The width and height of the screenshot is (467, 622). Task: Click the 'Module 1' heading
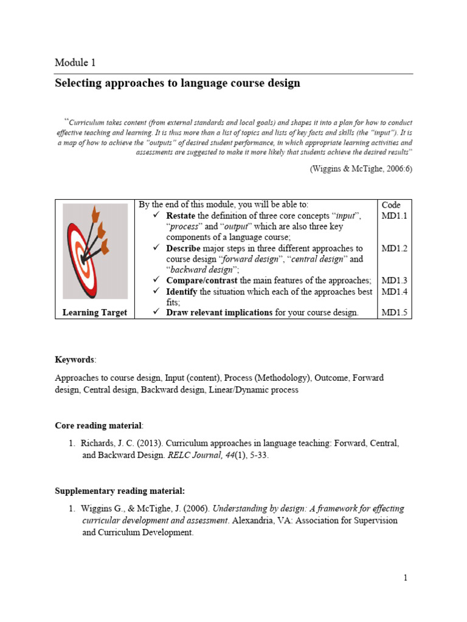tap(75, 63)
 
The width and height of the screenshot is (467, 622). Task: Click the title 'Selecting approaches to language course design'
tap(178, 83)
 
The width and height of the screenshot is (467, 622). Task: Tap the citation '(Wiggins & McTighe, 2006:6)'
tap(361, 169)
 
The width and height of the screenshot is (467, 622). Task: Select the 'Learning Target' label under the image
tap(95, 312)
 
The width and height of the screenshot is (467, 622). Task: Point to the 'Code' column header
tap(391, 205)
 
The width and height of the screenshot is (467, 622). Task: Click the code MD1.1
tap(394, 216)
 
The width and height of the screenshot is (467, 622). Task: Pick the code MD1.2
tap(394, 248)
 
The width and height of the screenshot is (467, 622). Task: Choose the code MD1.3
tap(394, 281)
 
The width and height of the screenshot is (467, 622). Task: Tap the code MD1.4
tap(394, 292)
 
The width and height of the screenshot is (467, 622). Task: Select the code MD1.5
tap(394, 313)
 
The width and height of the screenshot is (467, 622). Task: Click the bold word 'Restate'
tap(181, 216)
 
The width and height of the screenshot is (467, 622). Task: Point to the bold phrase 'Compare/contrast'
tap(202, 281)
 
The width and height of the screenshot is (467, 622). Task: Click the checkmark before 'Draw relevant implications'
tap(156, 313)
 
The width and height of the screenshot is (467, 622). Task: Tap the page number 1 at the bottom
tap(406, 578)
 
